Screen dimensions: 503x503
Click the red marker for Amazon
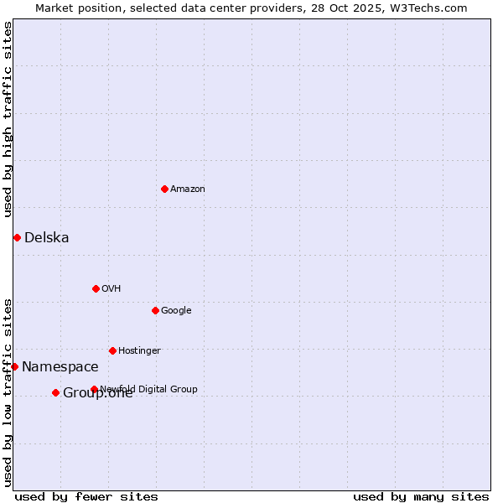[164, 189]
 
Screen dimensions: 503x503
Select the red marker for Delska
[17, 237]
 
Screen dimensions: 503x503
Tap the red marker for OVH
[96, 288]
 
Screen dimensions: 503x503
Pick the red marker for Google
[155, 310]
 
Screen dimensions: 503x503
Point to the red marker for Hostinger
[112, 350]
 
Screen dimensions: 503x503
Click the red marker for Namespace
[14, 366]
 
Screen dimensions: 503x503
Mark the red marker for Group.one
[55, 392]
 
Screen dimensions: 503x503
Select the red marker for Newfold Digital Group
[94, 389]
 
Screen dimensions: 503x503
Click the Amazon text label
[188, 189]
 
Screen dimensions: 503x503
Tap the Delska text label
[47, 238]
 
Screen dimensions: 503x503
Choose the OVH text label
[111, 289]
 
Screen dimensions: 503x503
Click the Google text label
[176, 311]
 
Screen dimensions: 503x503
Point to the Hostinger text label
[139, 351]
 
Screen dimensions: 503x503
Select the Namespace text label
[60, 367]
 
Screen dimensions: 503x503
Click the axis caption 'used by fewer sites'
[86, 497]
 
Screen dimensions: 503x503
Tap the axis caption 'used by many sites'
[421, 497]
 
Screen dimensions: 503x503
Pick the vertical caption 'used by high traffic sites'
[8, 119]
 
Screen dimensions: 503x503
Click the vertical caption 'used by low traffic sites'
[8, 392]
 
